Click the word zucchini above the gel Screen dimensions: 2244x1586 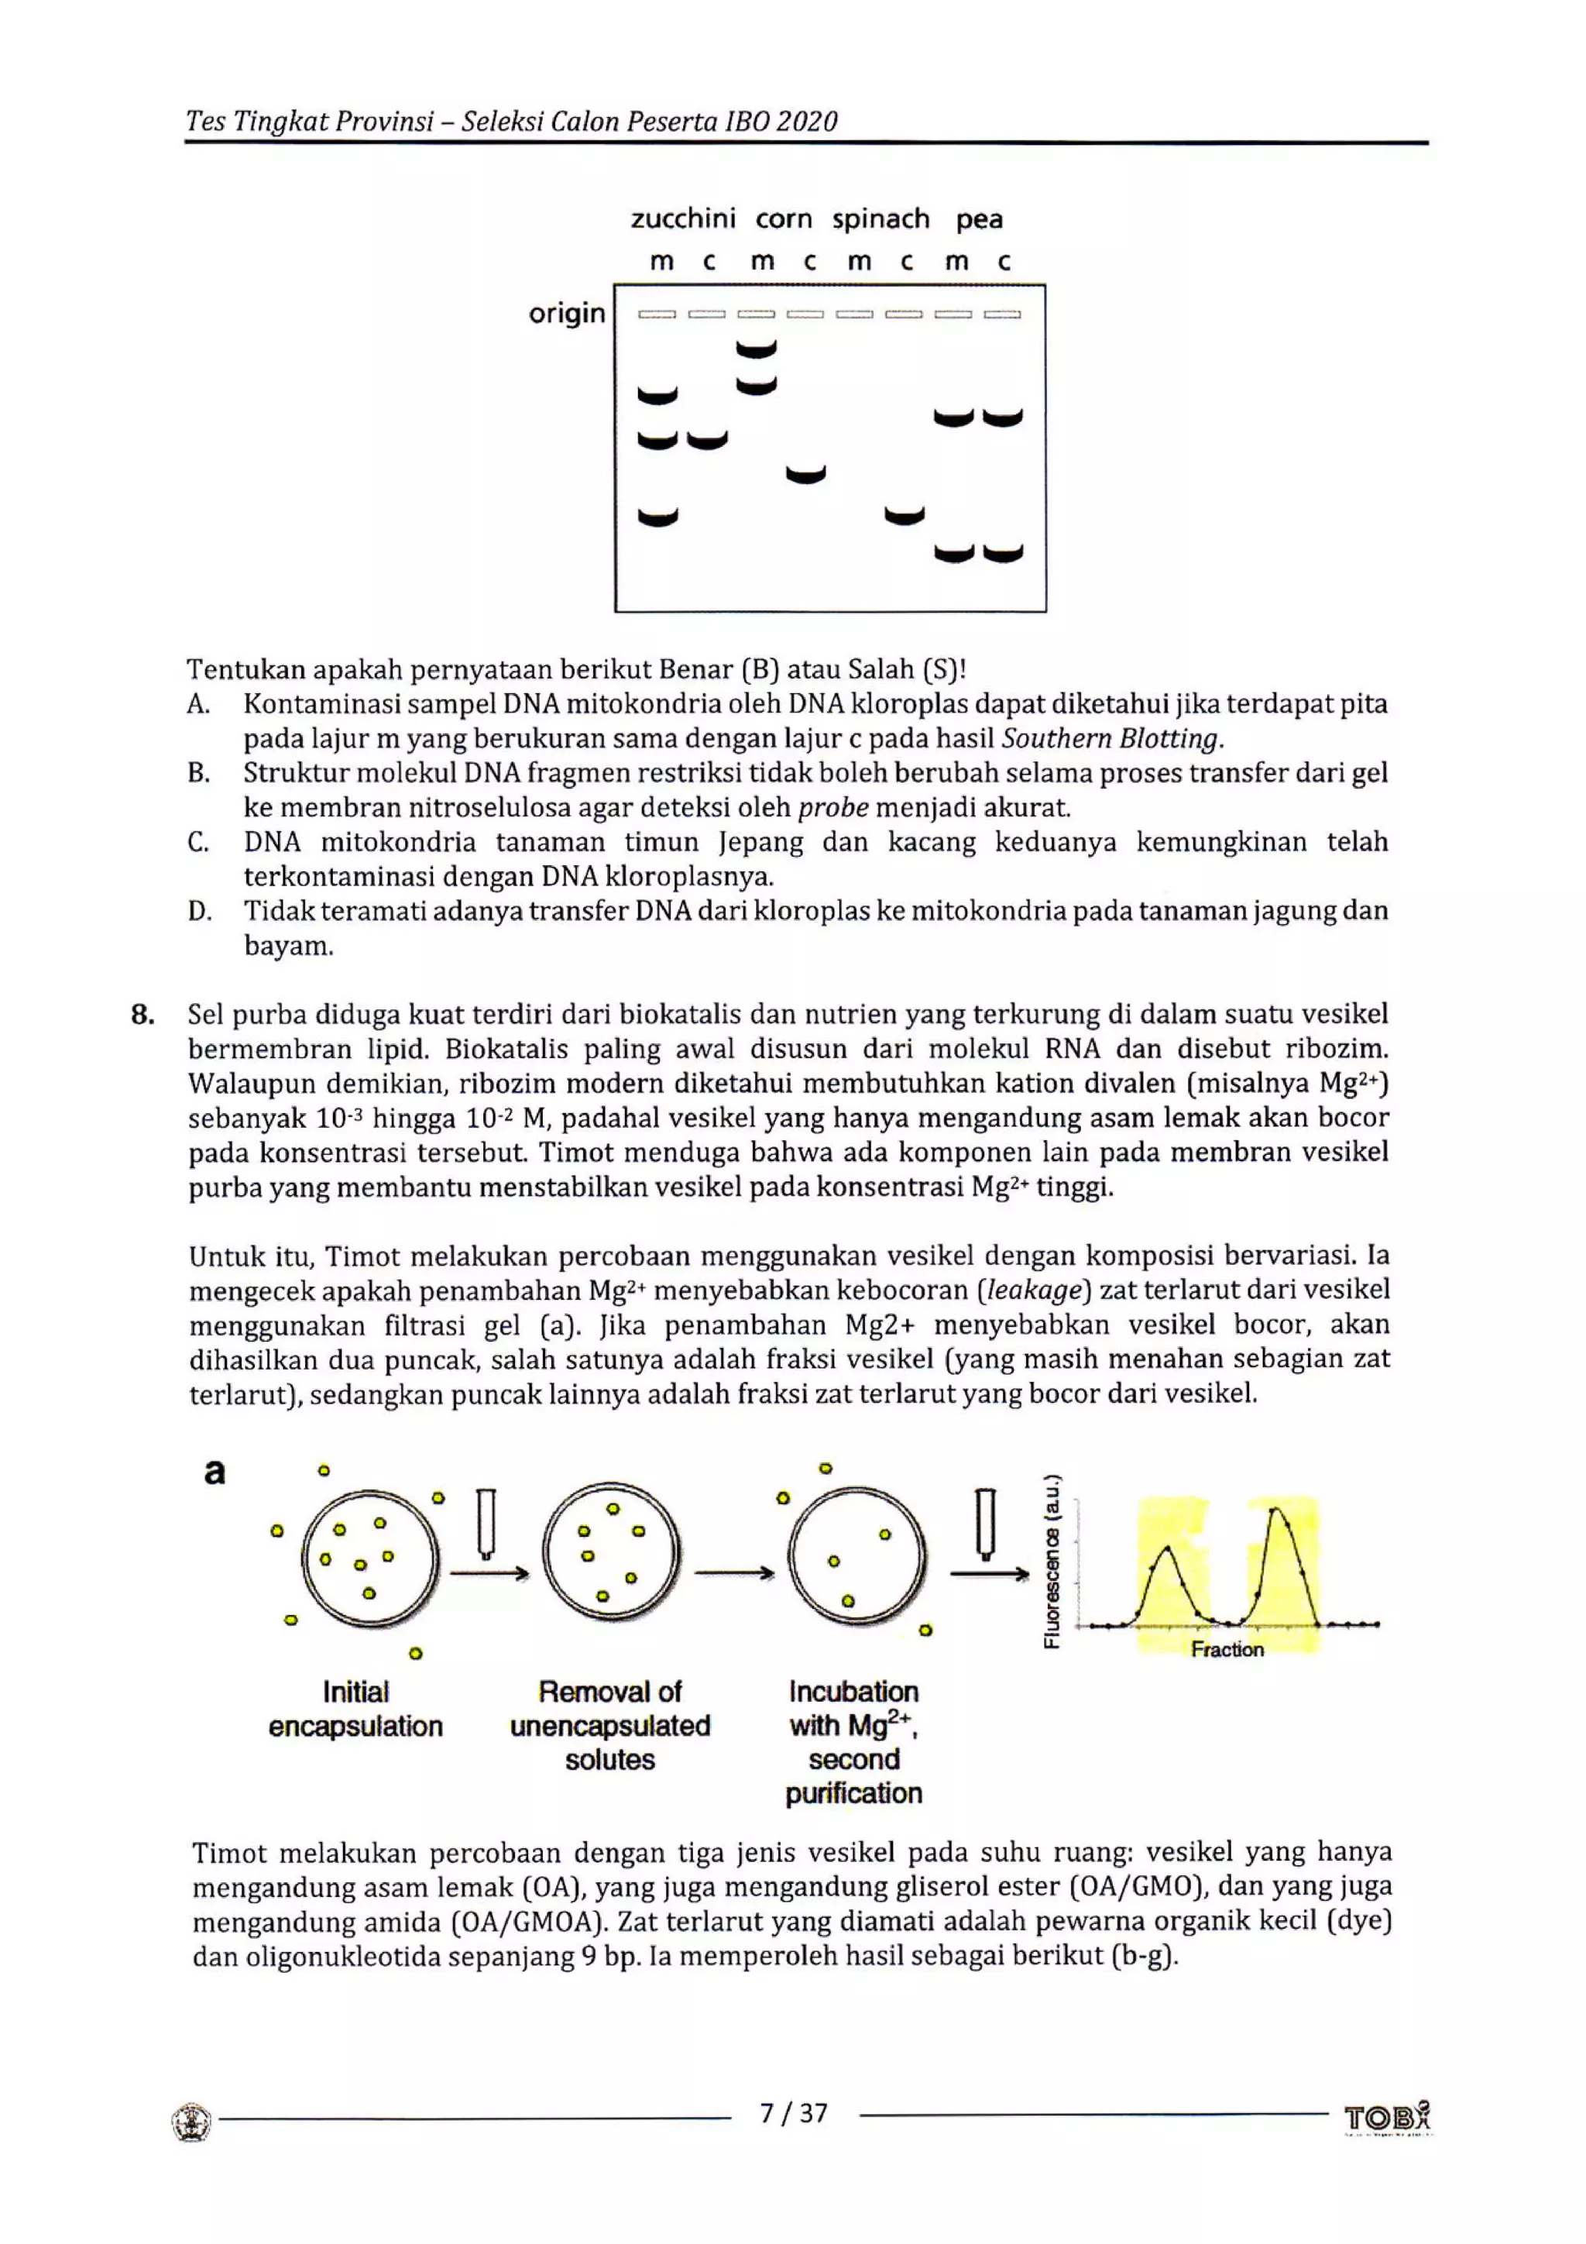[683, 219]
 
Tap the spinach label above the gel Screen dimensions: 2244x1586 [881, 219]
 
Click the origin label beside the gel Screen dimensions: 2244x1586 [567, 314]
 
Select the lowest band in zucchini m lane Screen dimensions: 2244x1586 [657, 517]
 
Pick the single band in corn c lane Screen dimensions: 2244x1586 [805, 475]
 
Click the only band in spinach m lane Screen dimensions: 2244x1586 [904, 515]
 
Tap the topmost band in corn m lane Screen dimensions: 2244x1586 [757, 349]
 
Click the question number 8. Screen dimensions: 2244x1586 [142, 1015]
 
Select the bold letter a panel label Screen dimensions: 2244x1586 [214, 1472]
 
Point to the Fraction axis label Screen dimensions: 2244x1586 [1227, 1650]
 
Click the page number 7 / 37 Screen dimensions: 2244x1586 [794, 2114]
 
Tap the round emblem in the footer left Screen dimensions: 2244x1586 [191, 2122]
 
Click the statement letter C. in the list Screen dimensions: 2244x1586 [198, 843]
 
